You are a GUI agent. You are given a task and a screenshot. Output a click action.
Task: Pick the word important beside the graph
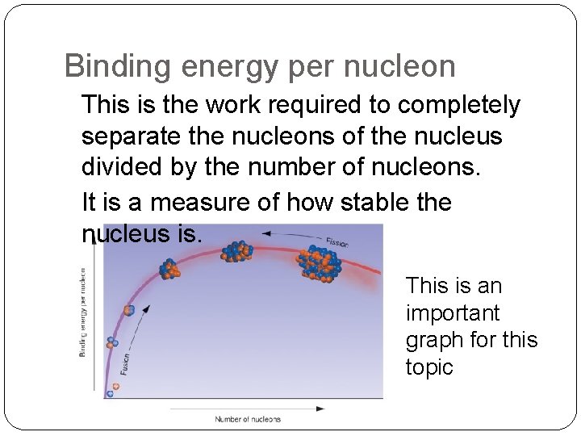click(x=453, y=312)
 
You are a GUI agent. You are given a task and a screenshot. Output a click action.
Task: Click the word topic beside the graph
click(x=431, y=367)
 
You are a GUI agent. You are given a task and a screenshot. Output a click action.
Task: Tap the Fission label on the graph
click(x=336, y=241)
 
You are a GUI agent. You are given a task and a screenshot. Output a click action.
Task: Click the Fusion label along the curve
click(x=124, y=363)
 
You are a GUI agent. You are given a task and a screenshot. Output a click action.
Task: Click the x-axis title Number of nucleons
click(x=248, y=419)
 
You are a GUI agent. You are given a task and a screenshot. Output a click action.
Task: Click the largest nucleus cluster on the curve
click(x=322, y=263)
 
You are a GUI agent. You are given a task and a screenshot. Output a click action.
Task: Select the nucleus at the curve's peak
click(x=236, y=250)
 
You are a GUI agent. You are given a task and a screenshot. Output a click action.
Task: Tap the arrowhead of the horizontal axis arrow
click(x=321, y=409)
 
